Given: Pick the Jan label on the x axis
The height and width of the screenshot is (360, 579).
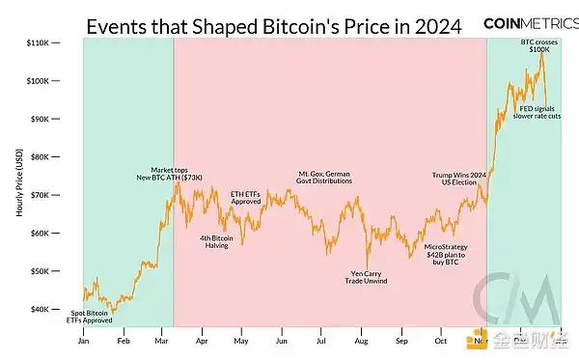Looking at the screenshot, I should click(x=83, y=340).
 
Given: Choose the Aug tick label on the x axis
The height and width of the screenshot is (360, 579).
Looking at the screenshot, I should click(x=360, y=340).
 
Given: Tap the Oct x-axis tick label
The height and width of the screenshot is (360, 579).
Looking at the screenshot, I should click(x=440, y=340).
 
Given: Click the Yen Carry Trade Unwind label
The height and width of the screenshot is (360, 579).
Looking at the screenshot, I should click(x=367, y=276).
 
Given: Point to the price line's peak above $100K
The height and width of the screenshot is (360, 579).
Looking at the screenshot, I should click(x=541, y=52).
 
